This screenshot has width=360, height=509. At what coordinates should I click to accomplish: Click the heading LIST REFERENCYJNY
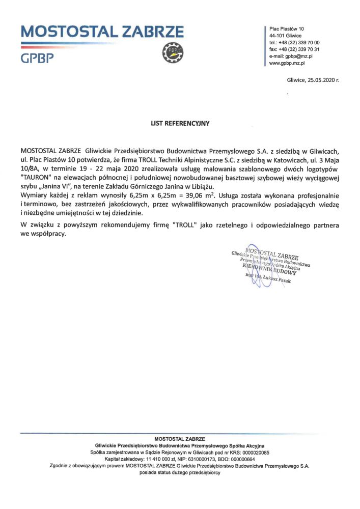180,123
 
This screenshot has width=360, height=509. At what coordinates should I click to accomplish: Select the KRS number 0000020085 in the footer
252,453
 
